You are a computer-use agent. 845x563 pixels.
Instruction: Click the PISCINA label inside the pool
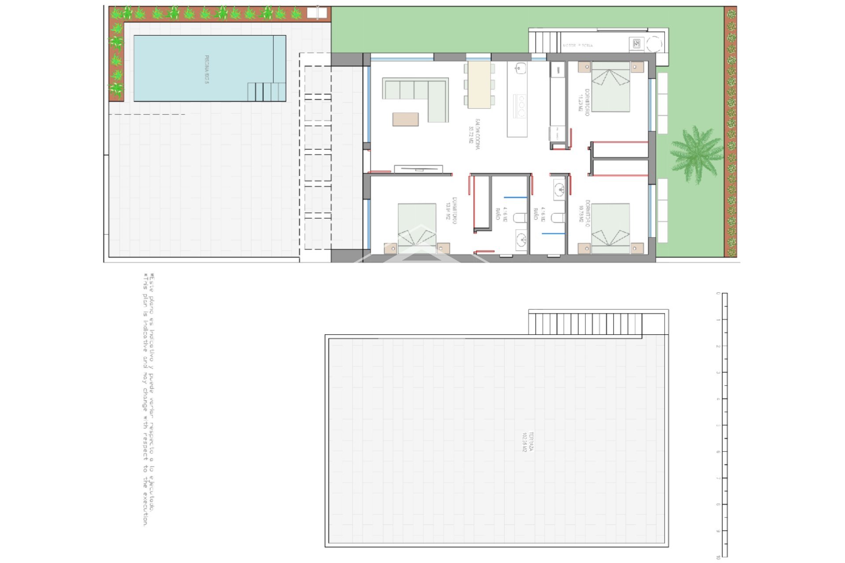pyautogui.click(x=206, y=69)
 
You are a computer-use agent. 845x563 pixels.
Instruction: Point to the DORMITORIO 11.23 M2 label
pyautogui.click(x=584, y=102)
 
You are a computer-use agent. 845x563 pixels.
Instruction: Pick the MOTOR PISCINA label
pyautogui.click(x=578, y=45)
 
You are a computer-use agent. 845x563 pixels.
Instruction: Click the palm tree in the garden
pyautogui.click(x=696, y=154)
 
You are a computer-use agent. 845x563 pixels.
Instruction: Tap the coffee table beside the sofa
pyautogui.click(x=405, y=119)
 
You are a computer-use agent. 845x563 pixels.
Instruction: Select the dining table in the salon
pyautogui.click(x=479, y=84)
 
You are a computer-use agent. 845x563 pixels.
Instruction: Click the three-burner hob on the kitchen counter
pyautogui.click(x=521, y=106)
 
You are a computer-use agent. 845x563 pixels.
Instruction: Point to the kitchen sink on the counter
pyautogui.click(x=520, y=68)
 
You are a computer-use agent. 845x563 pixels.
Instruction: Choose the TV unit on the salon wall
pyautogui.click(x=418, y=169)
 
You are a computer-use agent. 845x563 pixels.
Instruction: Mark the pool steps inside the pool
pyautogui.click(x=266, y=92)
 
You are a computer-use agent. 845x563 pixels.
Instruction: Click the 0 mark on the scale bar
pyautogui.click(x=719, y=293)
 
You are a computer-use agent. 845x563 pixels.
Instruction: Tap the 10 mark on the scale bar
pyautogui.click(x=719, y=557)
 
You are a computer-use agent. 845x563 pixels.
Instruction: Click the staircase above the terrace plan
pyautogui.click(x=585, y=324)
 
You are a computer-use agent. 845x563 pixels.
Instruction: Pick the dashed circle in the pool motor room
pyautogui.click(x=654, y=44)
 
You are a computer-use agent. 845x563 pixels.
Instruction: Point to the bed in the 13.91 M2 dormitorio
pyautogui.click(x=417, y=228)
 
